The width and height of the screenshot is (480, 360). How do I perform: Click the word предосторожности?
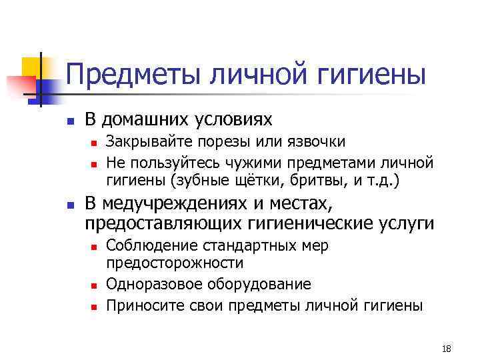coord(175,263)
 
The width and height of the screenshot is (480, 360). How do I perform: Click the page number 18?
coord(446,349)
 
